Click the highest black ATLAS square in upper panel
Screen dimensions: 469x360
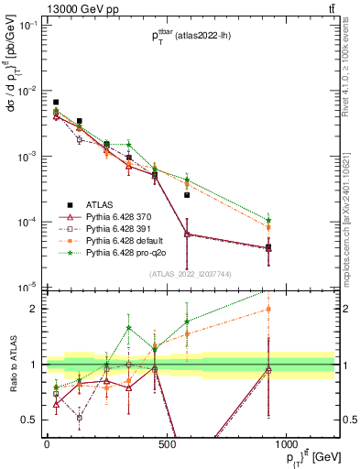[x=56, y=103]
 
